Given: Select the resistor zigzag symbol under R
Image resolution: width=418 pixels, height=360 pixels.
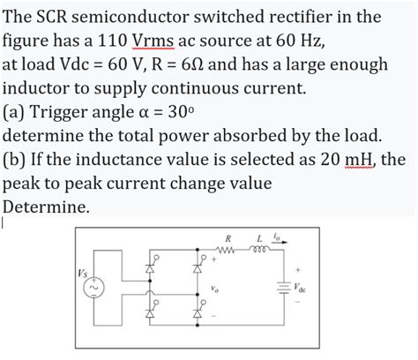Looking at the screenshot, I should point(229,251).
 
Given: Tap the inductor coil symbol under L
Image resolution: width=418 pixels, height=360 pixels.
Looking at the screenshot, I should point(261,251).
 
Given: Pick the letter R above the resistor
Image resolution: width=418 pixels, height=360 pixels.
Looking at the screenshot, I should point(228,237).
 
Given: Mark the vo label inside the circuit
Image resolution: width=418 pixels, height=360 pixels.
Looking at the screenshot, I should point(213,289).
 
